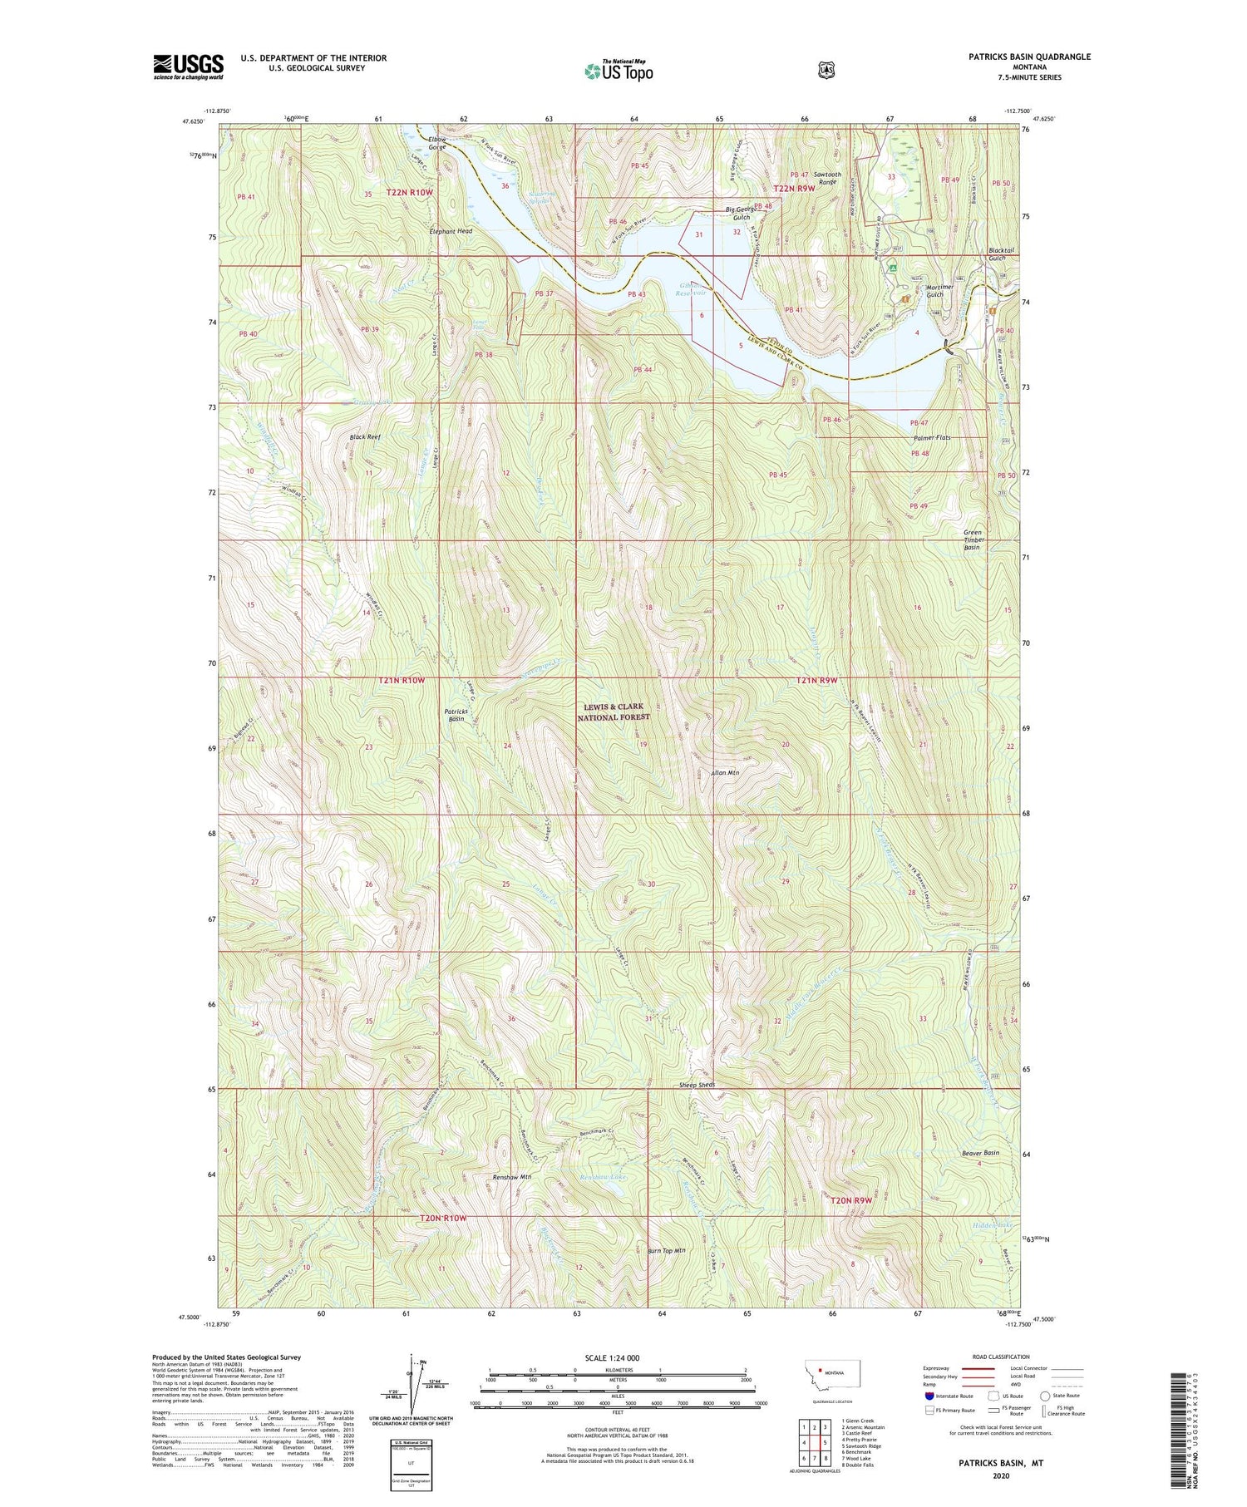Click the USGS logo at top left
[189, 66]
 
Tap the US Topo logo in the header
[619, 71]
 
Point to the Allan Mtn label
[725, 772]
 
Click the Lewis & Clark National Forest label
[613, 712]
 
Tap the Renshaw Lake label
[604, 1177]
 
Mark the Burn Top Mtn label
[665, 1250]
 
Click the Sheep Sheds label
[697, 1085]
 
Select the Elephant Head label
[451, 231]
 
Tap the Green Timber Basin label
[972, 539]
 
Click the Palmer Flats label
[931, 437]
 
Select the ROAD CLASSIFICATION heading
[994, 1357]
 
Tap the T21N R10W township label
[402, 681]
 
